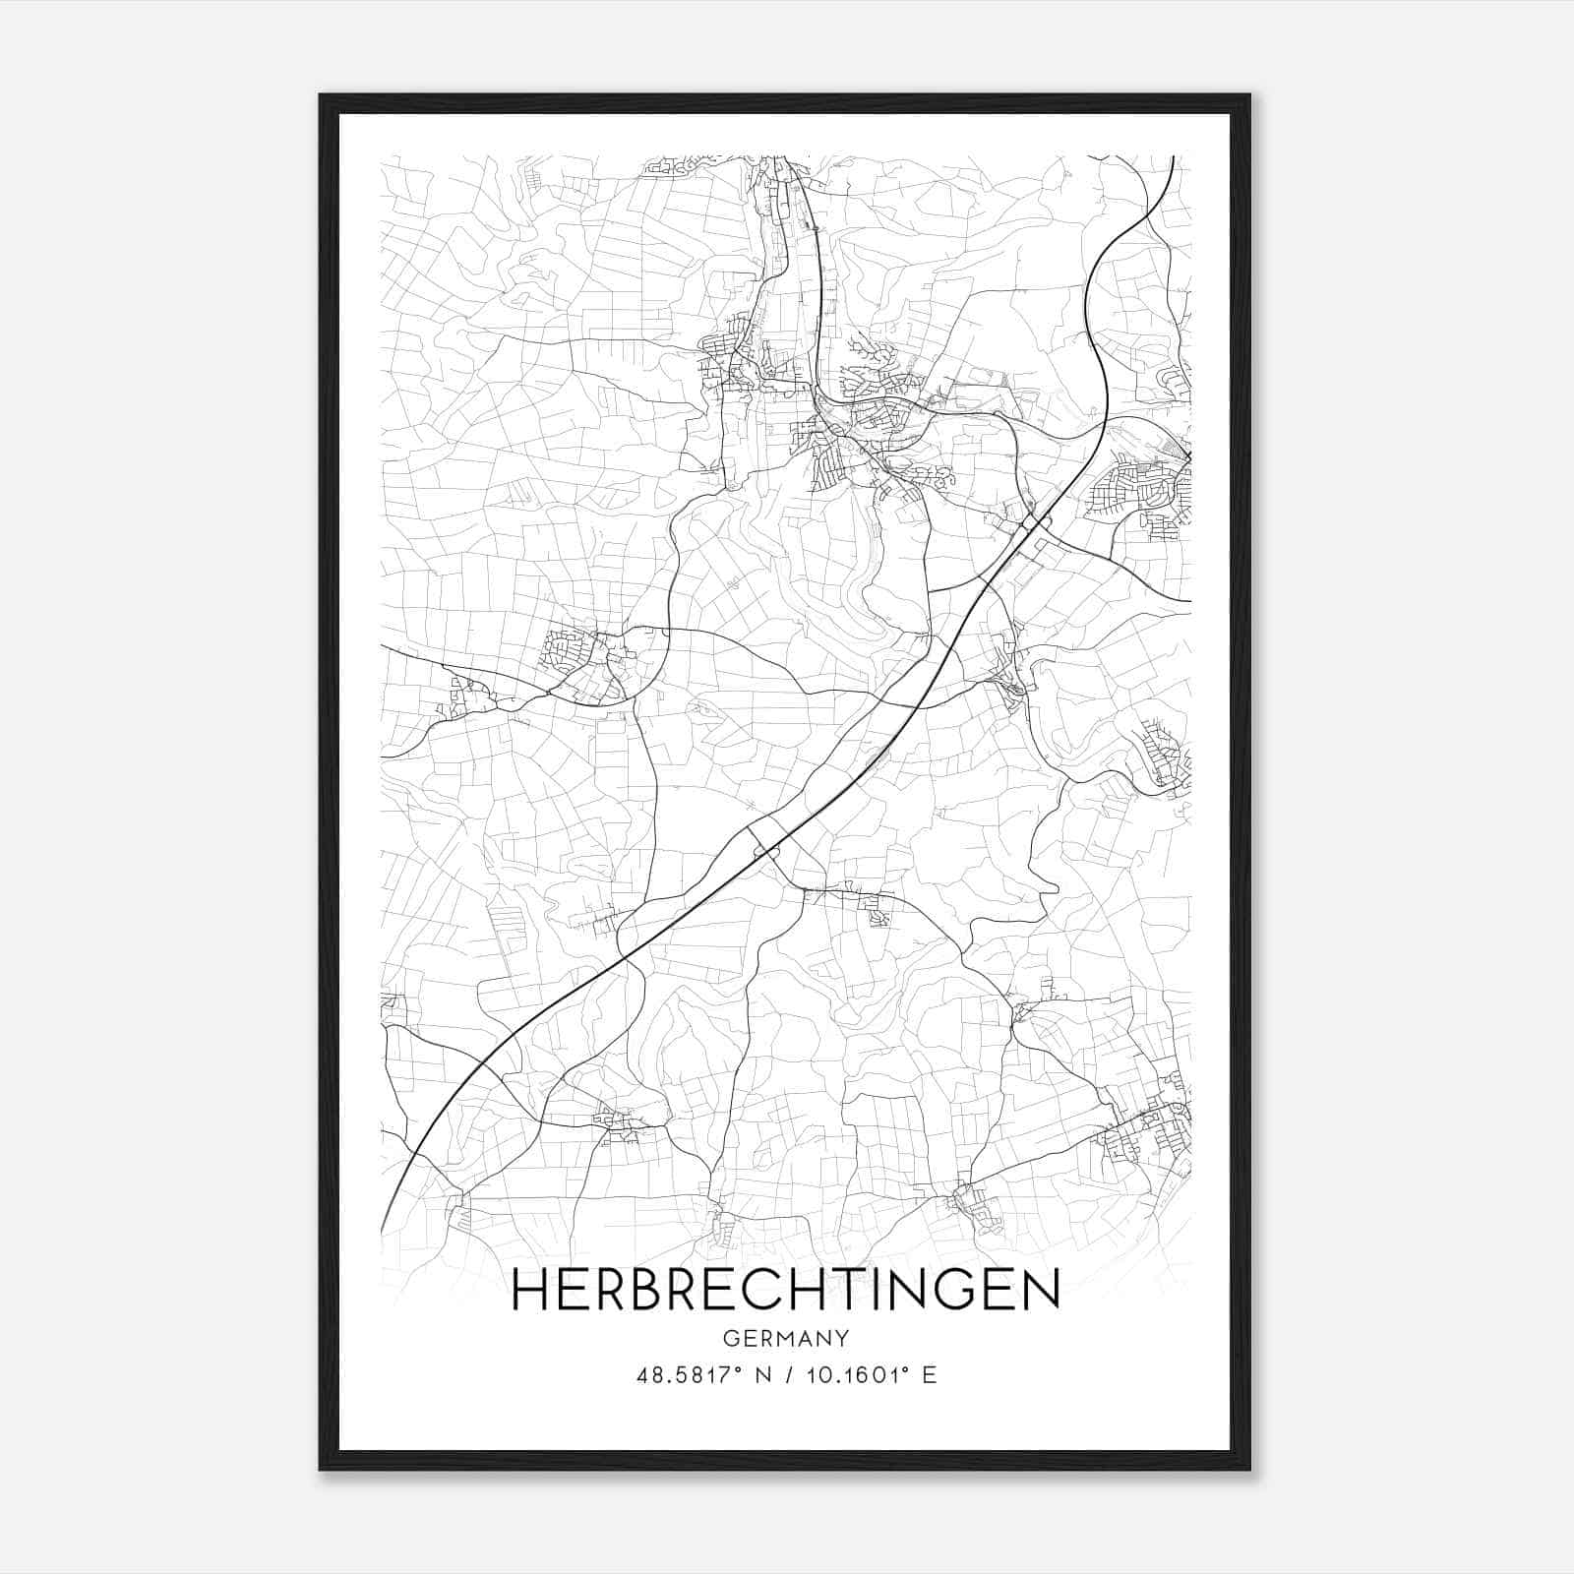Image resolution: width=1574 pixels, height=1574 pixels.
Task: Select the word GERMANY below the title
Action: (785, 1339)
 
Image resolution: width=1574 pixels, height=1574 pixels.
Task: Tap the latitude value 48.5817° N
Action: (700, 1375)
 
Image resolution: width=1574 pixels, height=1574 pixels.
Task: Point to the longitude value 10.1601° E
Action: (871, 1375)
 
